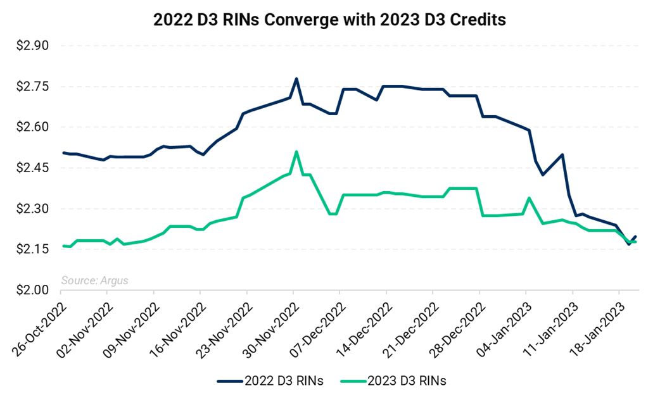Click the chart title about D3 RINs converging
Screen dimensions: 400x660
[x=329, y=20]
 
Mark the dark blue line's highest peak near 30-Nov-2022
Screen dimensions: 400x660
[x=296, y=79]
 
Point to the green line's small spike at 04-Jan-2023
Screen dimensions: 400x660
[x=529, y=198]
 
